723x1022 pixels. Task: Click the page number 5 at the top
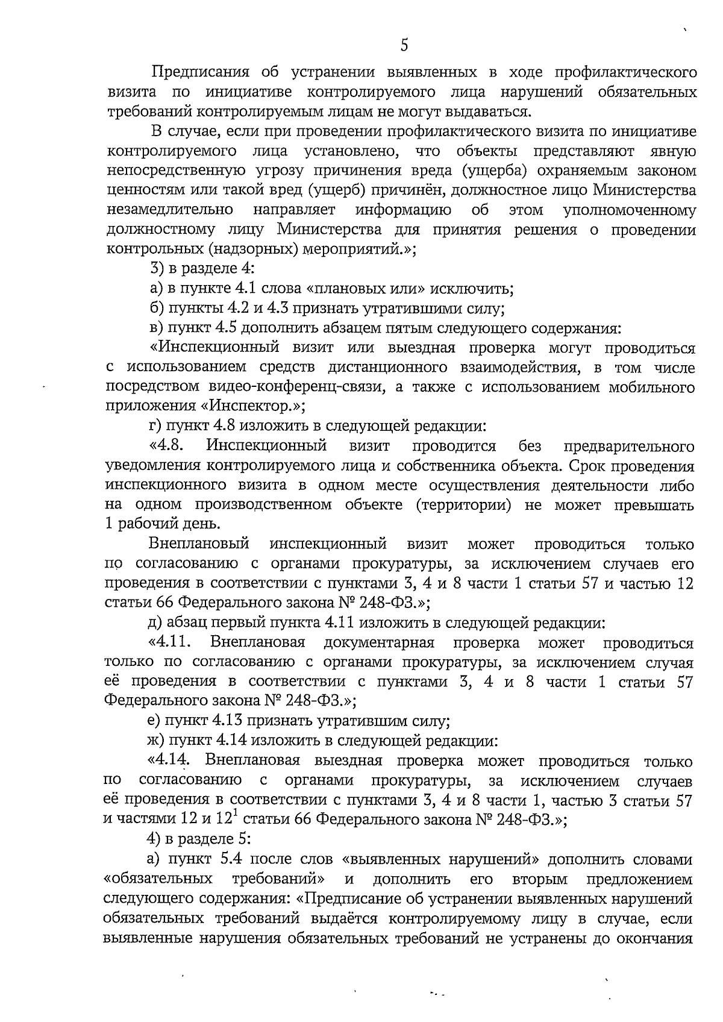404,45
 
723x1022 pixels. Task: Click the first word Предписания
199,73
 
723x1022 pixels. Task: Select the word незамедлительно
170,210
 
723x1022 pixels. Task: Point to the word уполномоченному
629,210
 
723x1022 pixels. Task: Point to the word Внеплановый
199,545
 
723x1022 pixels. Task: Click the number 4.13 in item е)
231,721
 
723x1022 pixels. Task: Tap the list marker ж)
158,741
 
